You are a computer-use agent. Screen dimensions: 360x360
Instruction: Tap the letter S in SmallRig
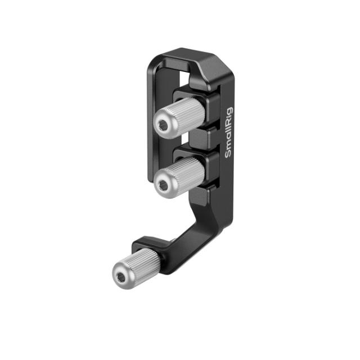click(x=229, y=155)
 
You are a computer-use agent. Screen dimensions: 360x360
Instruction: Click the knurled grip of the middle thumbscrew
click(x=185, y=171)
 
